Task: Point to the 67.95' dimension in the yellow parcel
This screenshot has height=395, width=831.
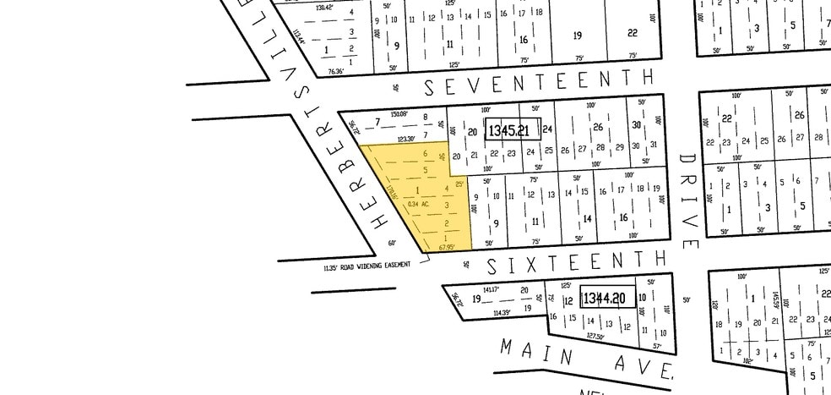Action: tap(447, 248)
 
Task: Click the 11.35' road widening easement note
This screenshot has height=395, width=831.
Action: tap(366, 266)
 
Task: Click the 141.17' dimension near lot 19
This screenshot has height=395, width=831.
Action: tap(492, 289)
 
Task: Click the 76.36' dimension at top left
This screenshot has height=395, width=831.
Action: tap(336, 71)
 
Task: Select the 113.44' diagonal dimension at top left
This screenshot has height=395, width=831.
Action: tap(298, 38)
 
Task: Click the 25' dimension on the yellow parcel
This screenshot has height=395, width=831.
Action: tap(459, 184)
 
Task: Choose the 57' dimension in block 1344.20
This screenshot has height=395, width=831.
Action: tap(657, 345)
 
